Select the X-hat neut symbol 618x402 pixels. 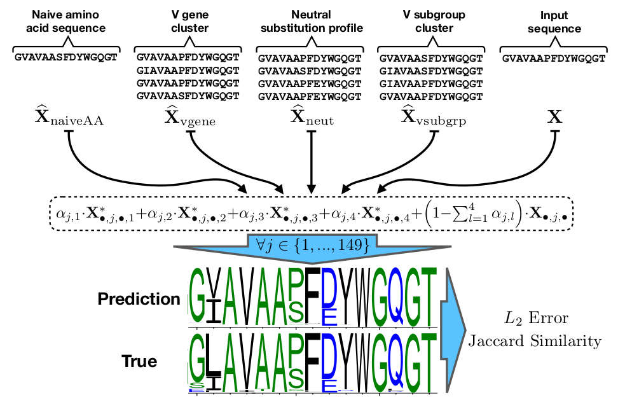[x=312, y=118]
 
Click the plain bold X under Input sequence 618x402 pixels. [x=555, y=118]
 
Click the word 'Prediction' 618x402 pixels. [x=139, y=299]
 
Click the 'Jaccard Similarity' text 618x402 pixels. [x=534, y=342]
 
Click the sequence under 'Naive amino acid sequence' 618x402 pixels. [x=67, y=56]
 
